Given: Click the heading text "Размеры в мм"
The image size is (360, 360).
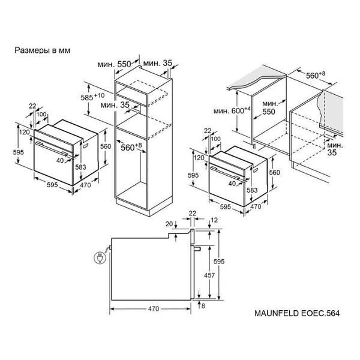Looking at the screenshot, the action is (x=43, y=50).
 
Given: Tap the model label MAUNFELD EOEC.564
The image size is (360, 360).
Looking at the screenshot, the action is (x=297, y=313).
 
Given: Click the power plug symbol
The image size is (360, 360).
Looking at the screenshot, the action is (x=100, y=257).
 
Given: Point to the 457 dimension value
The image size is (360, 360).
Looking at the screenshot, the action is (x=209, y=275).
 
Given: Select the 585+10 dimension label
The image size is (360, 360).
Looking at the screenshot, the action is (x=92, y=97).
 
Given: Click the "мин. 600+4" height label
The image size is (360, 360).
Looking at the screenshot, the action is (x=232, y=110).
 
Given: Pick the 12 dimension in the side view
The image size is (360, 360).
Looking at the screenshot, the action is (x=214, y=220).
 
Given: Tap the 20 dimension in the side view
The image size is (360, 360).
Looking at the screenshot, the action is (x=169, y=224).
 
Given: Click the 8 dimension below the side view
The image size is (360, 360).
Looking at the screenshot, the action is (x=203, y=306).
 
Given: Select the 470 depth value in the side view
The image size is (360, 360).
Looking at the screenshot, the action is (x=154, y=308).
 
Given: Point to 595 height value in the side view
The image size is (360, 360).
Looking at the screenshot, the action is (x=219, y=261).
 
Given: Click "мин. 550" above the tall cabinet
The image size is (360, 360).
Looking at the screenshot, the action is (x=114, y=64).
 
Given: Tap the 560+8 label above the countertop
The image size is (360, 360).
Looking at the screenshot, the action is (x=316, y=75).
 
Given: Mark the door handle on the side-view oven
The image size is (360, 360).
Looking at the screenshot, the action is (x=197, y=248).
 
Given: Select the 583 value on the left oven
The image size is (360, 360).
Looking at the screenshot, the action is (x=80, y=167).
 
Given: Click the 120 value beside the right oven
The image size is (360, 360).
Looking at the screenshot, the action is (x=199, y=157).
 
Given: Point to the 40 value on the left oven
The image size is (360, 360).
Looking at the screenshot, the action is (x=60, y=160).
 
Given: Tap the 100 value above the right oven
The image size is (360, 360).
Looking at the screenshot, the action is (x=215, y=139).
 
